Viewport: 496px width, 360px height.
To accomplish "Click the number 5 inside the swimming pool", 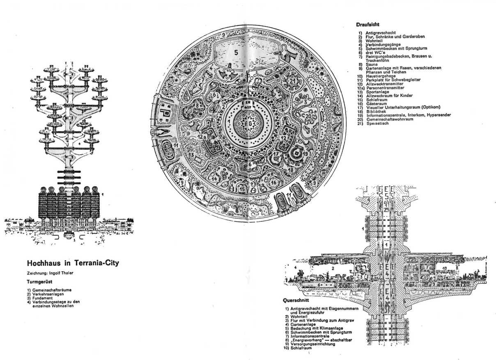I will pyautogui.click(x=236, y=52).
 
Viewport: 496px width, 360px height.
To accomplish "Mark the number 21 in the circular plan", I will pyautogui.click(x=292, y=81).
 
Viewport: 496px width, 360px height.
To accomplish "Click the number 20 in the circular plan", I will pyautogui.click(x=309, y=116).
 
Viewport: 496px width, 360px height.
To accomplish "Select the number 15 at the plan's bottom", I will pyautogui.click(x=243, y=188).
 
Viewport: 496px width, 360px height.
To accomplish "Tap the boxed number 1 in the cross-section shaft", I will pyautogui.click(x=386, y=245).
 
